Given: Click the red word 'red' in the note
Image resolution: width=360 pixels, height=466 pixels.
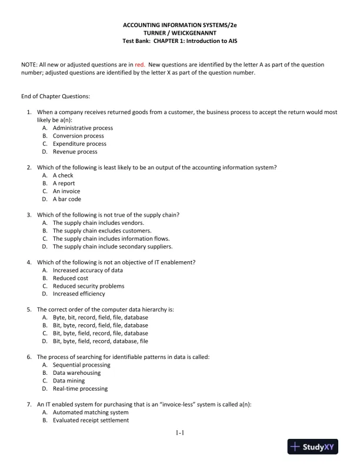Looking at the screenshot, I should pyautogui.click(x=140, y=64).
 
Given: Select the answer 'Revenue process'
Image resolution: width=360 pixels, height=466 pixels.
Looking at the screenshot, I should pyautogui.click(x=75, y=152).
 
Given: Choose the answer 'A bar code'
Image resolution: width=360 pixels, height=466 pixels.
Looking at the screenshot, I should pyautogui.click(x=68, y=199).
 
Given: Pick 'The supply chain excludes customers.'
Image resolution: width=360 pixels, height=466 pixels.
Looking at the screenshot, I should pyautogui.click(x=102, y=231).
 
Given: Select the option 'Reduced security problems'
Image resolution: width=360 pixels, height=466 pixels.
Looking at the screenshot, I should pyautogui.click(x=88, y=286).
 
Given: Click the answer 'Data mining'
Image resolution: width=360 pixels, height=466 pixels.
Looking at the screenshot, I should pyautogui.click(x=69, y=381).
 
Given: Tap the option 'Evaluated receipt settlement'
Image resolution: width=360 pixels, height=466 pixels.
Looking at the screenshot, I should pyautogui.click(x=91, y=420).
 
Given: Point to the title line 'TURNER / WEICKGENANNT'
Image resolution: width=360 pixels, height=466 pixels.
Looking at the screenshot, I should pyautogui.click(x=179, y=34).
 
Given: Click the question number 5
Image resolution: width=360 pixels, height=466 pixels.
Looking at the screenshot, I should pyautogui.click(x=29, y=309).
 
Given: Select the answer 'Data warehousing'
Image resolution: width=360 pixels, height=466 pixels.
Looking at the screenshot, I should pyautogui.click(x=76, y=373).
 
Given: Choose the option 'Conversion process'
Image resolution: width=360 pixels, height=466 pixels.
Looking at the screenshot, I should pyautogui.click(x=78, y=136).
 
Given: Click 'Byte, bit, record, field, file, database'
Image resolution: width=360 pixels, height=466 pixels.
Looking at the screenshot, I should pyautogui.click(x=100, y=317).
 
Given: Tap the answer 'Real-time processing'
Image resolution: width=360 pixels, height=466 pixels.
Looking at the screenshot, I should pyautogui.click(x=80, y=389).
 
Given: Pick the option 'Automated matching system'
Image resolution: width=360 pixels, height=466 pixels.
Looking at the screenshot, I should pyautogui.click(x=91, y=412).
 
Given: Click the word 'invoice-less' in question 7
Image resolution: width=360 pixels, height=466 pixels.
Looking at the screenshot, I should pyautogui.click(x=178, y=405).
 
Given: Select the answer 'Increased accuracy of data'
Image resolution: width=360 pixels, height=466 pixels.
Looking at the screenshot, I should pyautogui.click(x=88, y=270).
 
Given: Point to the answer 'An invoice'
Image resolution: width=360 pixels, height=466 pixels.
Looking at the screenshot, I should pyautogui.click(x=66, y=191).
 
